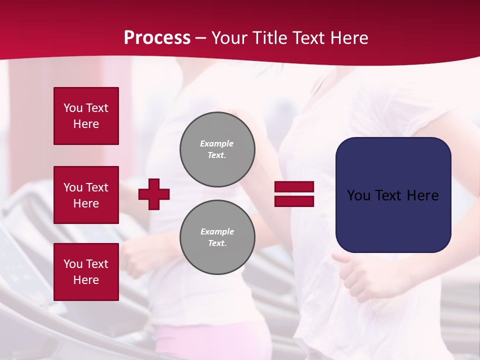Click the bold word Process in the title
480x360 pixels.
click(x=157, y=38)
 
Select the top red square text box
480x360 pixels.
click(x=86, y=116)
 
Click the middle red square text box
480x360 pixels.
click(x=86, y=195)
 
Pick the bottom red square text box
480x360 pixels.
click(x=86, y=272)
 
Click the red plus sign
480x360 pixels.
click(x=154, y=194)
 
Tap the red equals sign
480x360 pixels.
click(x=294, y=194)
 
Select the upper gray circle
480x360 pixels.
click(x=217, y=149)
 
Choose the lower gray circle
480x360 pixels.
click(x=217, y=237)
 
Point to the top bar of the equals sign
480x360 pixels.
click(x=294, y=187)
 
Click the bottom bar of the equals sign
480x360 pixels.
click(x=294, y=201)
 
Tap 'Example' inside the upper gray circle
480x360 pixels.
click(x=217, y=143)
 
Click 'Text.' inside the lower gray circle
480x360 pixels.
click(x=217, y=243)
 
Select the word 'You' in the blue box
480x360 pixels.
click(x=358, y=195)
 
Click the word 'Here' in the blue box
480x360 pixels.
click(x=422, y=195)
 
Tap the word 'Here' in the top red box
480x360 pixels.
click(x=86, y=124)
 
